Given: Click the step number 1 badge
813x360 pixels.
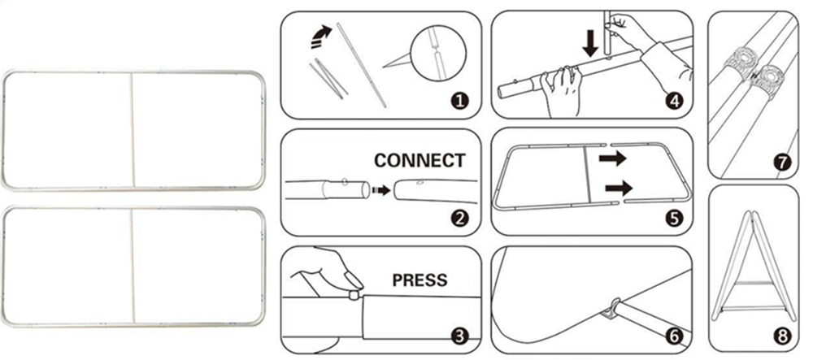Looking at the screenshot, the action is [459, 101].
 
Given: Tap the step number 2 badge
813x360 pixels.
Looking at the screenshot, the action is [459, 219].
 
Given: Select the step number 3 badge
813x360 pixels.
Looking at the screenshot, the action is [459, 336].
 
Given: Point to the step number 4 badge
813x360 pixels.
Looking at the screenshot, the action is [673, 101].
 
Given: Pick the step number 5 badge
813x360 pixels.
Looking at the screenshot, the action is [673, 219].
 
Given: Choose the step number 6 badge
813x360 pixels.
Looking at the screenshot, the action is [673, 336].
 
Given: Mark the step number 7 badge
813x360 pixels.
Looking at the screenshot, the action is [782, 163].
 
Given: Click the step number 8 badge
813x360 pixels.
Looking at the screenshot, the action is [782, 336].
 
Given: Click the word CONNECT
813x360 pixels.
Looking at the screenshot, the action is [420, 161].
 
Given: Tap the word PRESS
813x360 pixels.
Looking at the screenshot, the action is [420, 280].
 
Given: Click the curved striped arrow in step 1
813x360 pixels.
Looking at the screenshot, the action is [321, 37].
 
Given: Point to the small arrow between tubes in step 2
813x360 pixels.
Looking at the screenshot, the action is [381, 191].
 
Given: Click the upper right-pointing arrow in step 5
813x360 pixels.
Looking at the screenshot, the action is [612, 158].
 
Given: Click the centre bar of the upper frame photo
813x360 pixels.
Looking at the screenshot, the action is [133, 129].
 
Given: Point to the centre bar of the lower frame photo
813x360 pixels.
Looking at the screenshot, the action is [133, 267].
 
